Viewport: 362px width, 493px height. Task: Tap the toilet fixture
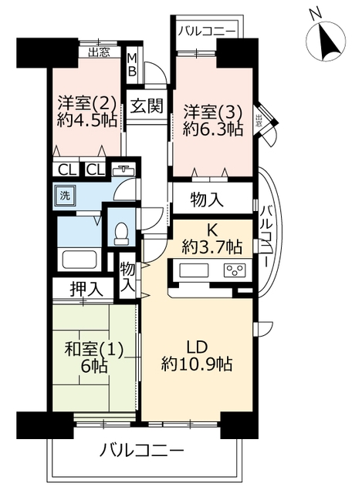(x=121, y=233)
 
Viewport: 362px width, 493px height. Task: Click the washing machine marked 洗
(x=65, y=196)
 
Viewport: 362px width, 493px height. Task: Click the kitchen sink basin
(x=194, y=270)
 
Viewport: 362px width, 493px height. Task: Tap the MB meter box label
(x=132, y=65)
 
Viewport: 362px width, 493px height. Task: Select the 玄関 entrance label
(x=147, y=106)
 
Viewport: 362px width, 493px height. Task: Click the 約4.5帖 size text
(x=87, y=120)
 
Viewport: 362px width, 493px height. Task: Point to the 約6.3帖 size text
(x=213, y=129)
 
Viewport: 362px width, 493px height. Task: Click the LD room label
(x=197, y=347)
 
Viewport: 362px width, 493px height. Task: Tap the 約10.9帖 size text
(x=197, y=364)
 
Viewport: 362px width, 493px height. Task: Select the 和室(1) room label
(x=94, y=349)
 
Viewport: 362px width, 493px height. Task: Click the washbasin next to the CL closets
(x=123, y=170)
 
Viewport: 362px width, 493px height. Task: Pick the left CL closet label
(x=68, y=170)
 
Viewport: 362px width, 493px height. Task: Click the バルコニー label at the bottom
(x=142, y=451)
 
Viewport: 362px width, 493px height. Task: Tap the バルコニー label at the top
(x=207, y=32)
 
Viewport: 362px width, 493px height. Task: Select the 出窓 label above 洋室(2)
(x=99, y=52)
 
